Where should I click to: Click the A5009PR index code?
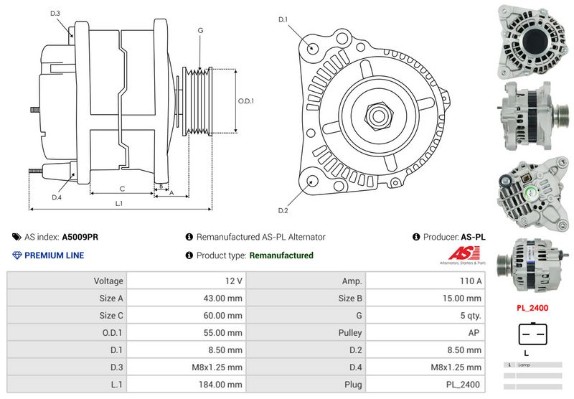pos(80,237)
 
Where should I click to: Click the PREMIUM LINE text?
pos(54,255)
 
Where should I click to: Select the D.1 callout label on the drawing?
pos(283,19)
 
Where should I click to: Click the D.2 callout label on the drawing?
pos(283,210)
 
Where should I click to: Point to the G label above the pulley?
pos(200,30)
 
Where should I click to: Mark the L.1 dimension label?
pos(119,203)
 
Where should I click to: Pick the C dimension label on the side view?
pos(122,189)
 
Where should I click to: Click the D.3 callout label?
pos(55,14)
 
